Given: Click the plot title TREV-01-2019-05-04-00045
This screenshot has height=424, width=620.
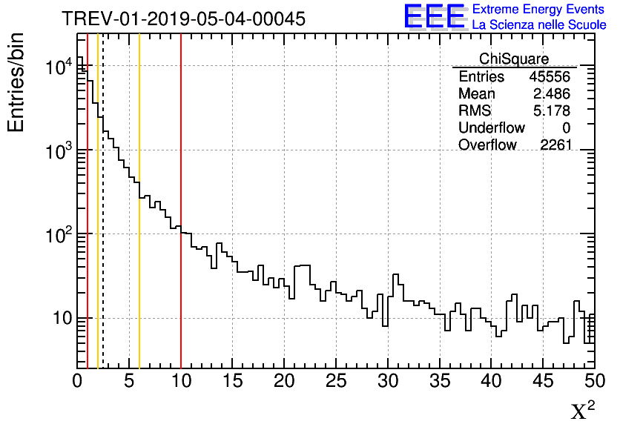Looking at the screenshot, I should click(183, 19).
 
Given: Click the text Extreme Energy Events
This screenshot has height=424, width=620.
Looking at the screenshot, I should click(539, 10).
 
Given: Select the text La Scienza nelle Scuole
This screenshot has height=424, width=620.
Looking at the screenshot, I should click(539, 25).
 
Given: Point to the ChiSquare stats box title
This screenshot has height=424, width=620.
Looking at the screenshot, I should click(514, 59).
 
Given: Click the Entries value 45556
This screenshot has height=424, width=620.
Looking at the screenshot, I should click(550, 77).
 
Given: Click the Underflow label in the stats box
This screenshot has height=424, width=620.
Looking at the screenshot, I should click(492, 128).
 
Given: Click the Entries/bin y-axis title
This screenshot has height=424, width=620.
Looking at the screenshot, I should click(16, 82).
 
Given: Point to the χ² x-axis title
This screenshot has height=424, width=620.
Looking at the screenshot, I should click(584, 410).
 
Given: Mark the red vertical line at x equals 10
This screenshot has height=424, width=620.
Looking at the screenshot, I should click(181, 297).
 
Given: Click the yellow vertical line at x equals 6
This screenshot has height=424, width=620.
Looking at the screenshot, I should click(139, 297).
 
